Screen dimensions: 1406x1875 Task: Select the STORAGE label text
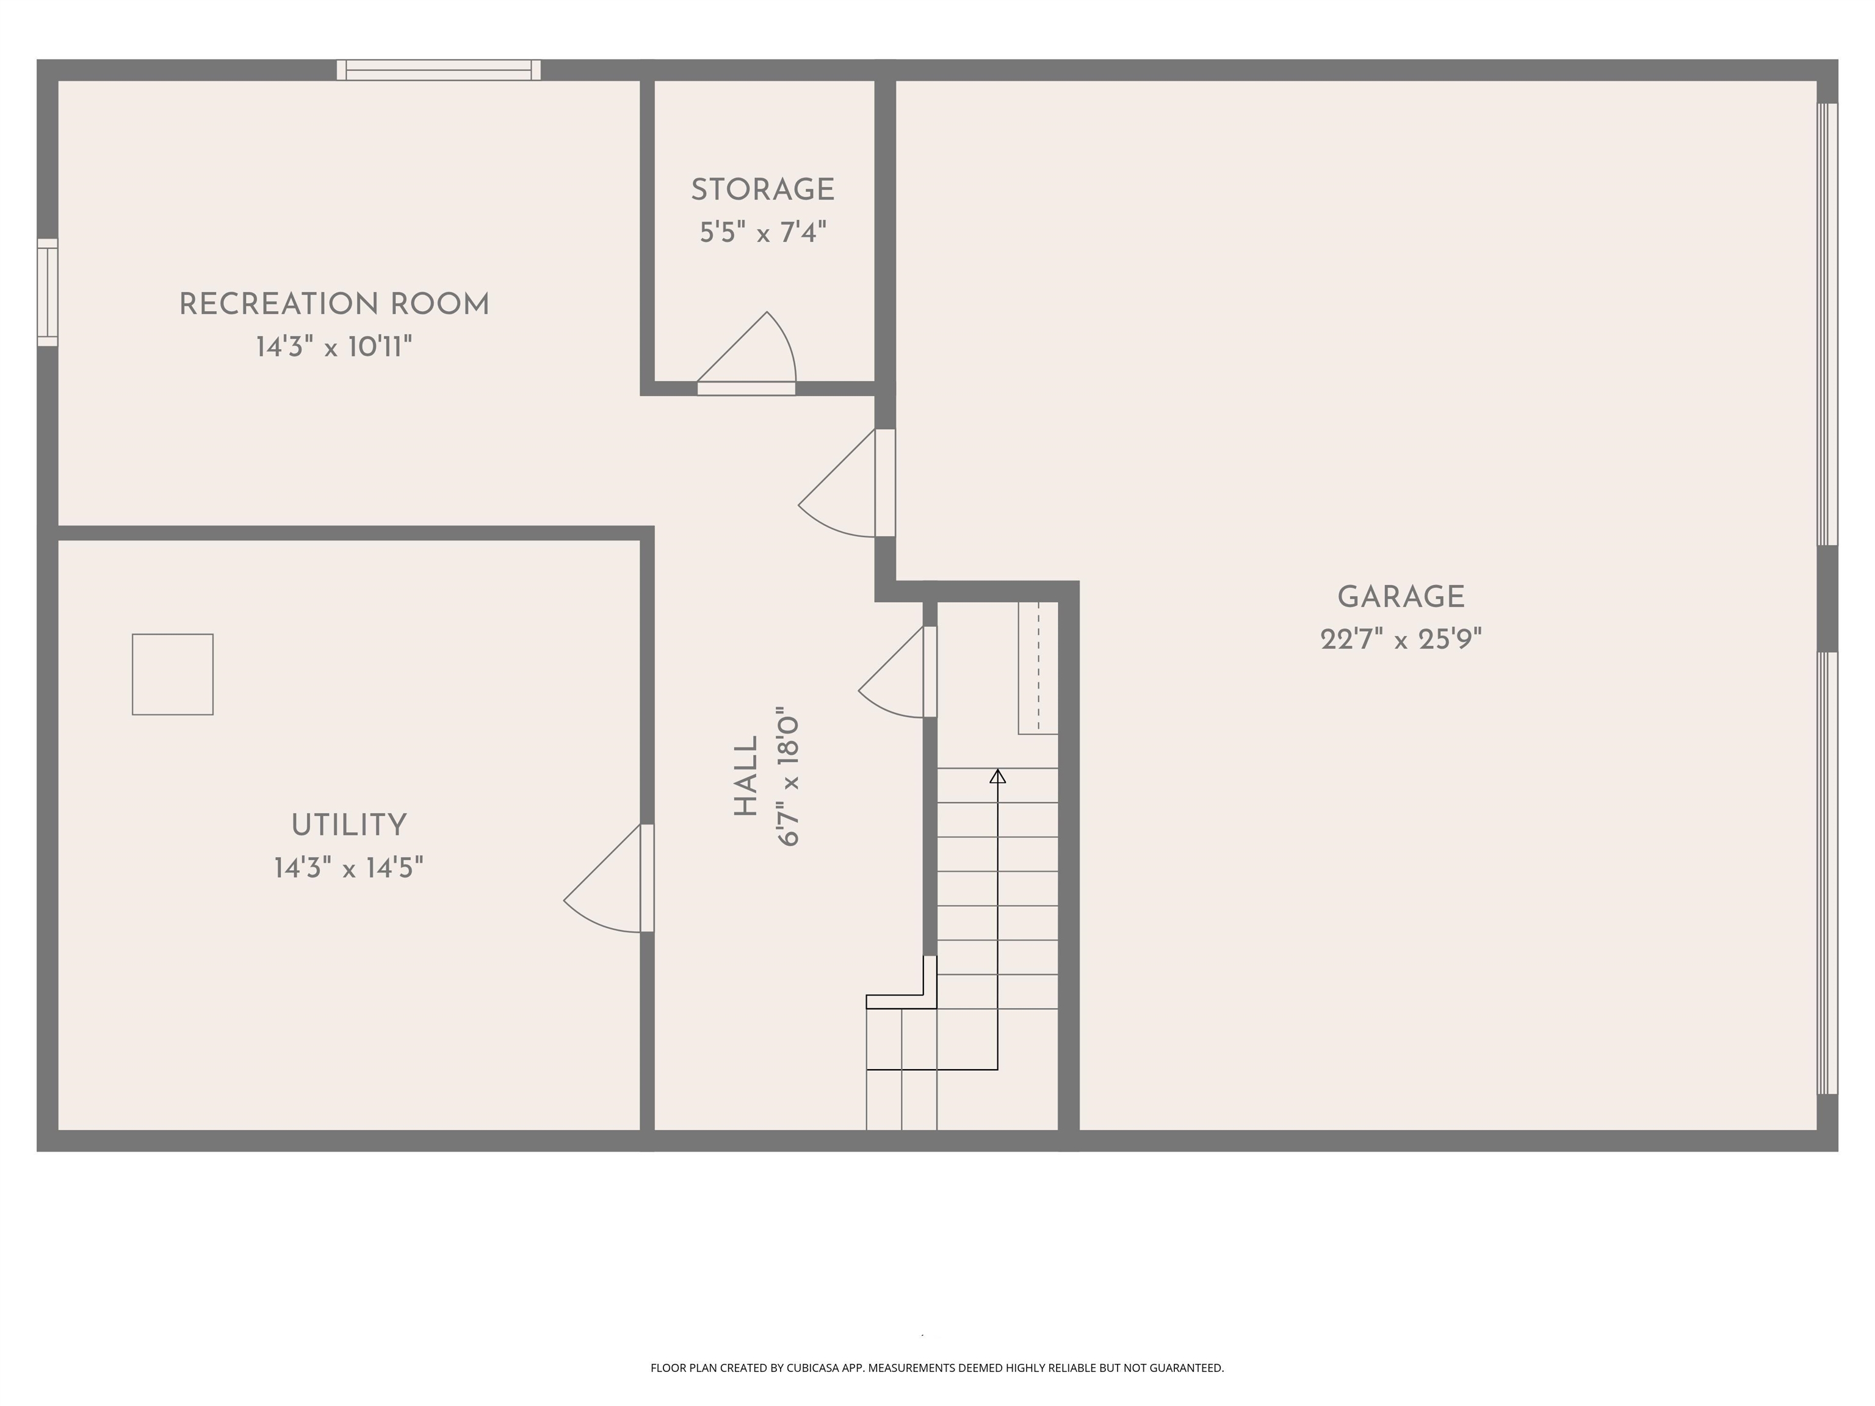[763, 190]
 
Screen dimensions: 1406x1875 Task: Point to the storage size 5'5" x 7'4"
[763, 233]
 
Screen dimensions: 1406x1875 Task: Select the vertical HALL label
[746, 776]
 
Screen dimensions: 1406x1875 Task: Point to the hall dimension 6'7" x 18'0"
[789, 776]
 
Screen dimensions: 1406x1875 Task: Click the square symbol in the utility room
[172, 674]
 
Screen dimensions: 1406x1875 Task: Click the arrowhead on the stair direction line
[998, 776]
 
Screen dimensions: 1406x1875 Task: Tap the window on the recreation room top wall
[438, 70]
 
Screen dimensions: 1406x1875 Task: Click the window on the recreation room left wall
[48, 292]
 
